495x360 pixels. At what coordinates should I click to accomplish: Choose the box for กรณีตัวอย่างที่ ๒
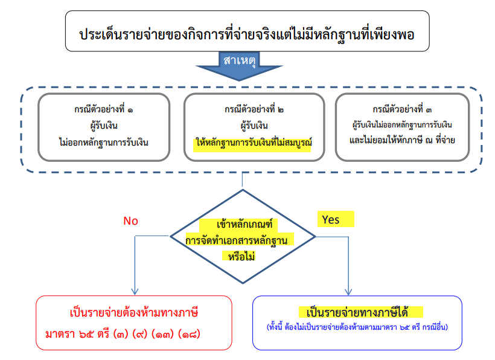(252, 126)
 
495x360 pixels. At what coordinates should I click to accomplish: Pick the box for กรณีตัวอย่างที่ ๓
(401, 126)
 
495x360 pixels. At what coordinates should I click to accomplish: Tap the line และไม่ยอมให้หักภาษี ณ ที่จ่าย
(401, 140)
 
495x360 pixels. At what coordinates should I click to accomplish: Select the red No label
(131, 220)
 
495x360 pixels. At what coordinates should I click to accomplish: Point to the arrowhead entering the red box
(133, 291)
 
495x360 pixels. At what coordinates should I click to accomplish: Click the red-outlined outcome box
(134, 323)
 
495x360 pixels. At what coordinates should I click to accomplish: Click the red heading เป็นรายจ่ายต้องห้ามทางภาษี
(135, 313)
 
